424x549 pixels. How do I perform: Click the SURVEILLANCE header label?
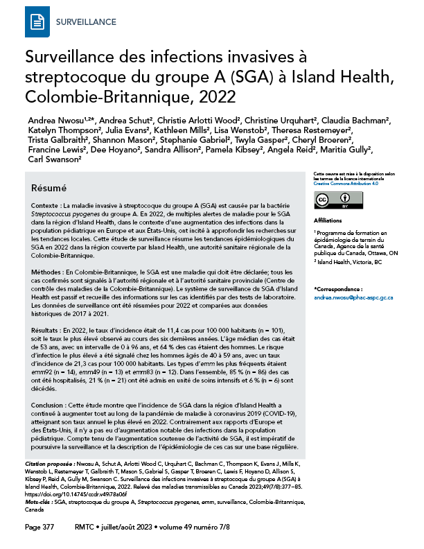[x=85, y=22]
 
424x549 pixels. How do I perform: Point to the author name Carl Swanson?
[x=55, y=159]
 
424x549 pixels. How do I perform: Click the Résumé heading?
[x=49, y=189]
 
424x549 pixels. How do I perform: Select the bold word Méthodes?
[x=46, y=275]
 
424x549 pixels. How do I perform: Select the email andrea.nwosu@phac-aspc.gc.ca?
[x=353, y=297]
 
